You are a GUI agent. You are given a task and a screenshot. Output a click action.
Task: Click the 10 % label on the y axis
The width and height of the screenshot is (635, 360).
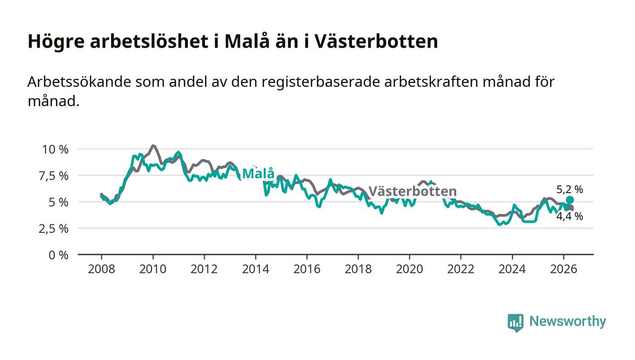(55, 149)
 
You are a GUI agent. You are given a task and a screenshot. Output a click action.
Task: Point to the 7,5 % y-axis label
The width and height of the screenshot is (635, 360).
(54, 176)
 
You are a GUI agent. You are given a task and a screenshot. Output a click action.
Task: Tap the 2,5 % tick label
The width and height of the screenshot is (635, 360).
(54, 229)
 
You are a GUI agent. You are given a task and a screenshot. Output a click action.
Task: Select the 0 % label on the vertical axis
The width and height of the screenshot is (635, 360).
(59, 255)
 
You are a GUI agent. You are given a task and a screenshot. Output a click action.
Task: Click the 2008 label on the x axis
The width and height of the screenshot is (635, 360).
(102, 269)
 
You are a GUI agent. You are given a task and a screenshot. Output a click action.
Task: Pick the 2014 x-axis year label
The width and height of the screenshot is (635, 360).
(255, 269)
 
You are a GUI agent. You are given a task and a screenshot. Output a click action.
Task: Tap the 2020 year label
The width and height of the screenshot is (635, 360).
(409, 269)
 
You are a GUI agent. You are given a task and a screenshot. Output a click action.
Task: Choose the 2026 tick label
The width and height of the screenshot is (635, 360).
(563, 269)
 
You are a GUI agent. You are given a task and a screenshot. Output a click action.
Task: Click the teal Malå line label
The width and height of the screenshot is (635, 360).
(259, 173)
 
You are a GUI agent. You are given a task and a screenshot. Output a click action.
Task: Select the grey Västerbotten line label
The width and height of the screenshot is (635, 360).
(412, 191)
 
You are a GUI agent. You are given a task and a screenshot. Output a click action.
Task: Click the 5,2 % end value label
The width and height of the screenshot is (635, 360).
(570, 190)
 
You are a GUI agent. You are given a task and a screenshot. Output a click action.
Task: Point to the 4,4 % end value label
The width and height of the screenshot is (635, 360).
(570, 217)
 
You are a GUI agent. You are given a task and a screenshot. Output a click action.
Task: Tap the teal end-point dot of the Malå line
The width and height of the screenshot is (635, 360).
(570, 200)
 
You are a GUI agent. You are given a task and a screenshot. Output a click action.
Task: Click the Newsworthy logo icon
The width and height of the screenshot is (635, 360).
(516, 322)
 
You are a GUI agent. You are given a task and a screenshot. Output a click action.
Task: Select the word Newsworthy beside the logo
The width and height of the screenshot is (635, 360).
(568, 321)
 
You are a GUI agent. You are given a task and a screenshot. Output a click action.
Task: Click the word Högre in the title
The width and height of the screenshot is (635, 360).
(56, 42)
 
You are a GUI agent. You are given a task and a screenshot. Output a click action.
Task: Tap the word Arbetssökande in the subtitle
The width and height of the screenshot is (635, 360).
(79, 82)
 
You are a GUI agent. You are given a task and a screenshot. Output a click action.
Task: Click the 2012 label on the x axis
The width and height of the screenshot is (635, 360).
(204, 269)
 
